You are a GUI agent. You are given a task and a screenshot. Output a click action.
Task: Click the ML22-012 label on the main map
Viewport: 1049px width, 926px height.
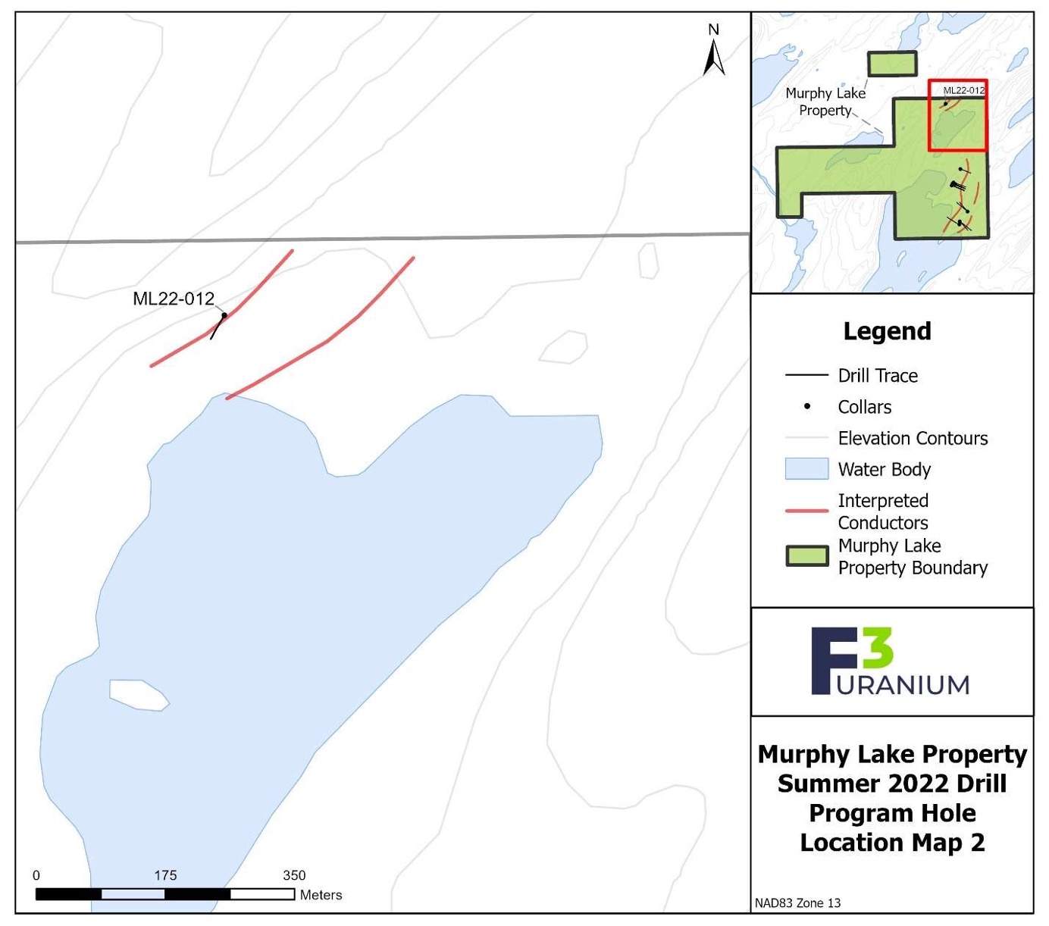click(x=174, y=299)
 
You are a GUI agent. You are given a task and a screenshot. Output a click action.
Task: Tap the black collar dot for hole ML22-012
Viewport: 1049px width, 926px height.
click(x=224, y=315)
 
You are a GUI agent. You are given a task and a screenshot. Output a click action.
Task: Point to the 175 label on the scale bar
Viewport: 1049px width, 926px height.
click(x=165, y=875)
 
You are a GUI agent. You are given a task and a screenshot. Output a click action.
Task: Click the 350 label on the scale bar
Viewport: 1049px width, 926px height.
click(x=294, y=875)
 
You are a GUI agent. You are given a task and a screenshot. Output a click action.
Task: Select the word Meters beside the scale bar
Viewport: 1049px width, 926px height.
click(x=321, y=895)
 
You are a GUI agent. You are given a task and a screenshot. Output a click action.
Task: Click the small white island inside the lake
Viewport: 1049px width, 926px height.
click(x=138, y=695)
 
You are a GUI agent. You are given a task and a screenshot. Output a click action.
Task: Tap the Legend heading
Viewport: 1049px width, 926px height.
click(x=887, y=331)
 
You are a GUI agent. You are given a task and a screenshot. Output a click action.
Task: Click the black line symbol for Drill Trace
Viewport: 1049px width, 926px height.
click(x=806, y=375)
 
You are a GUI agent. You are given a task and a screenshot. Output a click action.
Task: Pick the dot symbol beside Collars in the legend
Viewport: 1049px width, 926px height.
click(x=807, y=407)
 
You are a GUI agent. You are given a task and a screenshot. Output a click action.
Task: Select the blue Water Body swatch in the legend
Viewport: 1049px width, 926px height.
click(x=806, y=469)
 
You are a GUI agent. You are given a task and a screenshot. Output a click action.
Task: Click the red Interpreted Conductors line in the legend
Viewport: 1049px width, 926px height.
click(x=806, y=511)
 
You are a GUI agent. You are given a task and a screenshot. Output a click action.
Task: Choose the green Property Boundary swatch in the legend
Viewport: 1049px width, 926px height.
click(x=806, y=556)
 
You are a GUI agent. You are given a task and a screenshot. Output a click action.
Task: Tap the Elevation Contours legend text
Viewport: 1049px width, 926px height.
click(x=913, y=438)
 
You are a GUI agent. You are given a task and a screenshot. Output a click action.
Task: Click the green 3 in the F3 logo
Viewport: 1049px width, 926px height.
click(x=878, y=649)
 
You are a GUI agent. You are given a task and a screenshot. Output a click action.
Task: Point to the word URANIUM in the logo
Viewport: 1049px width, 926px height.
click(x=903, y=685)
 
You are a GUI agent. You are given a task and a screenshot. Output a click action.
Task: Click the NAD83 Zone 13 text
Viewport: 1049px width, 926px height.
click(x=797, y=903)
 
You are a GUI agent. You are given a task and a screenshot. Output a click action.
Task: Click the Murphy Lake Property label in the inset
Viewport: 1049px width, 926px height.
click(x=825, y=102)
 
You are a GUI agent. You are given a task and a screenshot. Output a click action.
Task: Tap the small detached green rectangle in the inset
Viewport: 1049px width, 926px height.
click(x=892, y=64)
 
